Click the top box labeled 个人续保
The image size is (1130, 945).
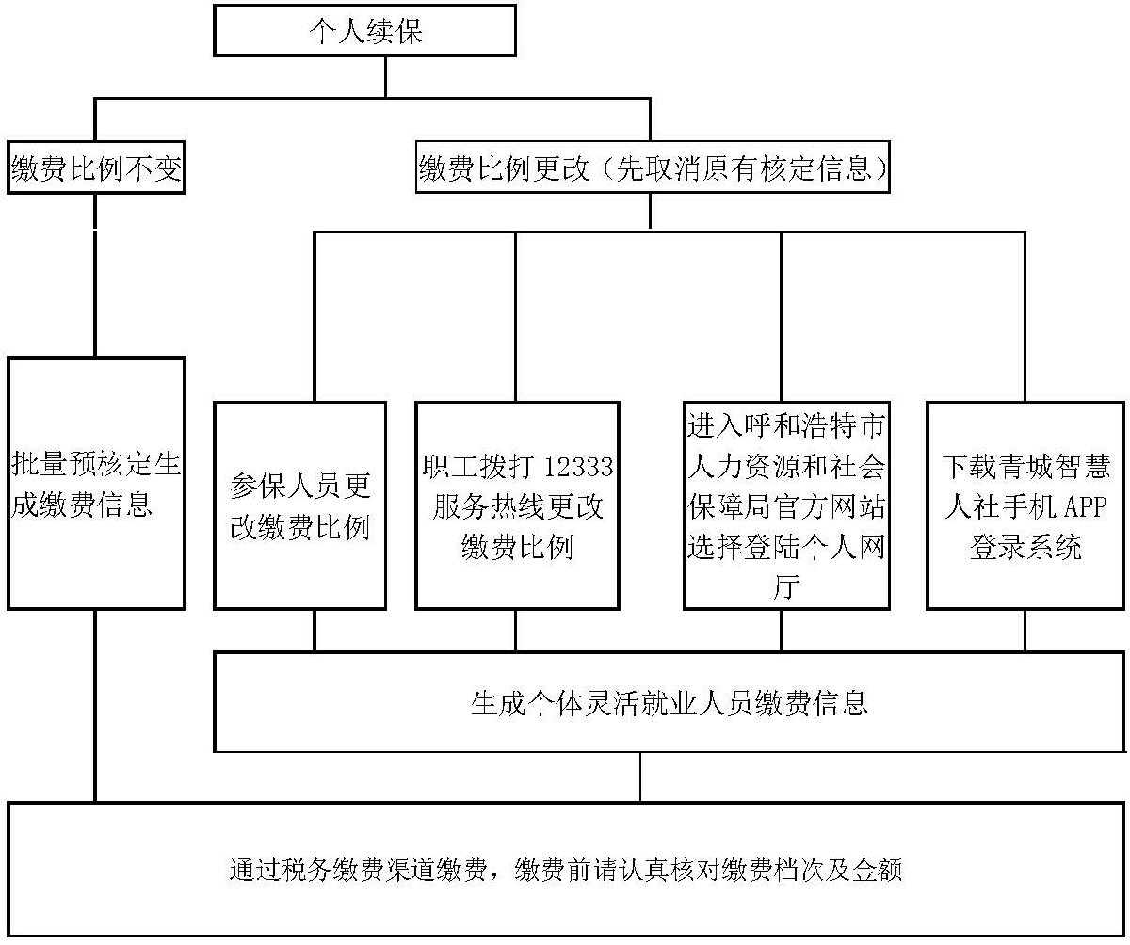coord(365,30)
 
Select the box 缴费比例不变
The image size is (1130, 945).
coord(95,169)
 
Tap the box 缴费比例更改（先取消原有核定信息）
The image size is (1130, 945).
coord(653,169)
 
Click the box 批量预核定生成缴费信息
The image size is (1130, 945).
coord(95,483)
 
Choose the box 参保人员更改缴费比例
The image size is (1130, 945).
coord(299,505)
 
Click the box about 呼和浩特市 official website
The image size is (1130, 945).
coord(786,505)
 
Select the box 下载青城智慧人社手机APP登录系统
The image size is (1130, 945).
coord(1025,505)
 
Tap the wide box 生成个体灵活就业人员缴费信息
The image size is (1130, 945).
coord(669,703)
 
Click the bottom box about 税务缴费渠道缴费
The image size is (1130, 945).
coord(565,869)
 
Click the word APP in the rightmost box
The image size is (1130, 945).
coord(1086,507)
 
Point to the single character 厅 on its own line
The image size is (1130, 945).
coord(786,587)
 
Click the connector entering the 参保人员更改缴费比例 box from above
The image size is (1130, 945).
coord(315,320)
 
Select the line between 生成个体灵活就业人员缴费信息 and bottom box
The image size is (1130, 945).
coord(641,777)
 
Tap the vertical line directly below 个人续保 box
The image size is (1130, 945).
coord(384,76)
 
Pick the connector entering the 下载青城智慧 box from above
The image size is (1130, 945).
coord(1025,320)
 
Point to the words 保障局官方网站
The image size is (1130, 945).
coord(786,507)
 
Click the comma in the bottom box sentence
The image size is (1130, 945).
coord(496,873)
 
